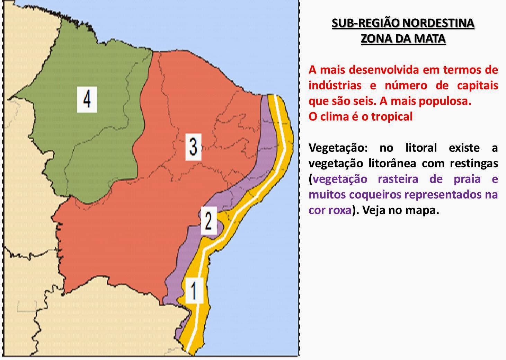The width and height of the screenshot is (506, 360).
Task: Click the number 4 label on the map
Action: (87, 99)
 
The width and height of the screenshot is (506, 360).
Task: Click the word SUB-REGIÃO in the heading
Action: (362, 23)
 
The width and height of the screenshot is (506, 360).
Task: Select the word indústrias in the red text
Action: (335, 85)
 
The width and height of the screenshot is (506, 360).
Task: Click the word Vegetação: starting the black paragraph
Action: (337, 148)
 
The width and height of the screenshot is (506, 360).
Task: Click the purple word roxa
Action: (339, 210)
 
